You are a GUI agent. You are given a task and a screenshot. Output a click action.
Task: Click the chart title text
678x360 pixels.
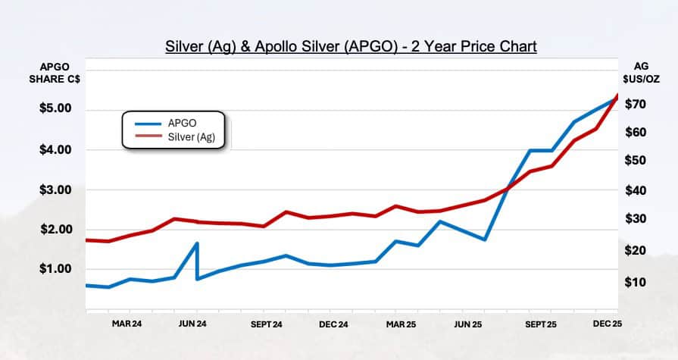[x=351, y=47]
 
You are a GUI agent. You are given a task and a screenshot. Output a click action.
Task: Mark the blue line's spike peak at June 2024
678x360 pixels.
[x=197, y=243]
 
